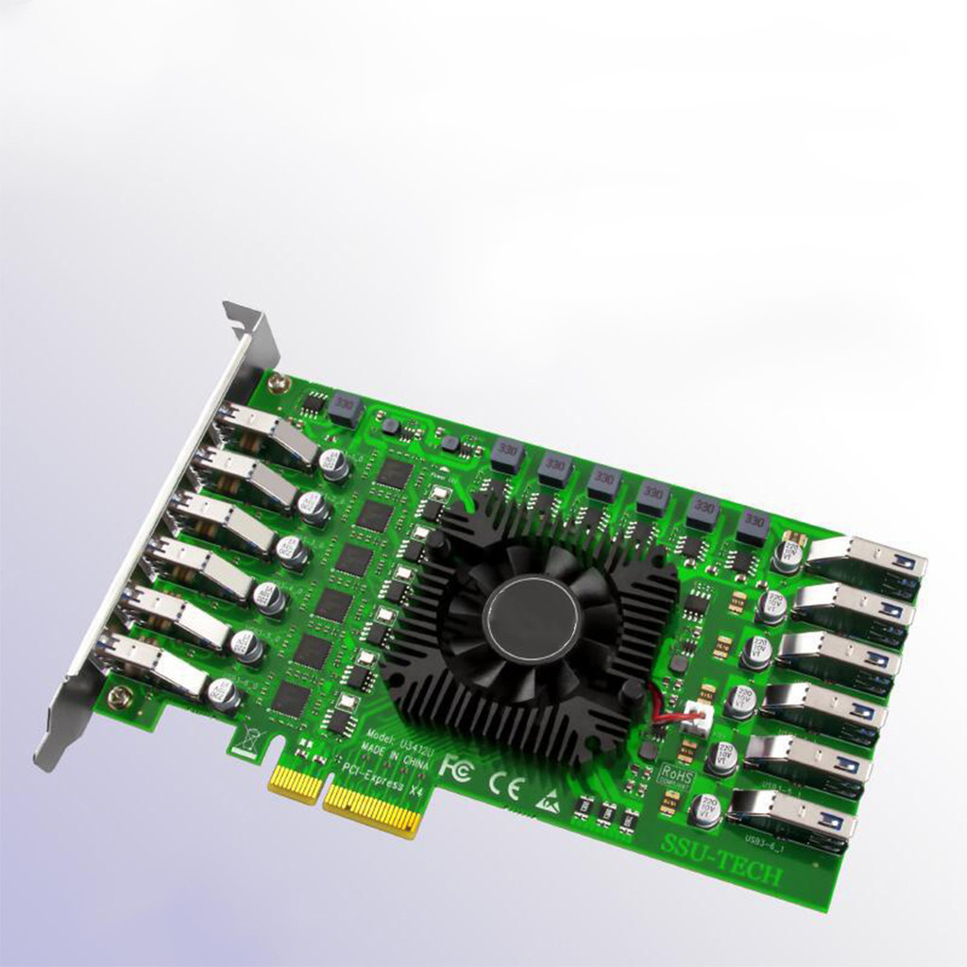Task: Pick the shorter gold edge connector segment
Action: coord(295,783)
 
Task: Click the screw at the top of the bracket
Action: coord(277,382)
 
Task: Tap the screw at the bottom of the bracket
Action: coord(117,697)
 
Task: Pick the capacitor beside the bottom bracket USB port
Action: coord(224,694)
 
